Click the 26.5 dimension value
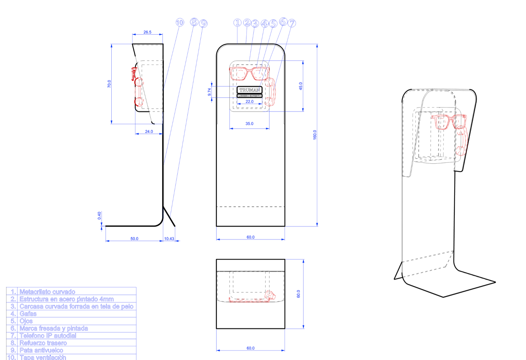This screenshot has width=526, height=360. click(147, 32)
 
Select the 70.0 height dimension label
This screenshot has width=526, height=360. click(109, 84)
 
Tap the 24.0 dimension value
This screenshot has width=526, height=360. click(149, 131)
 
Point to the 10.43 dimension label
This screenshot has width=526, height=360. click(169, 239)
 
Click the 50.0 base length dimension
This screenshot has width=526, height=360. click(134, 239)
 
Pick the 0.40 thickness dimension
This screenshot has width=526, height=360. click(99, 216)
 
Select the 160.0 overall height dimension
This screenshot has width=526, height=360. click(315, 135)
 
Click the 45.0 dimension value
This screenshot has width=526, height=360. click(301, 86)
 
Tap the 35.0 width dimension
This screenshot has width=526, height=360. click(249, 123)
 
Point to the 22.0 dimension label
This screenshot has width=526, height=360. click(249, 102)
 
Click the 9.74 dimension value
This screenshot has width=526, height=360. click(209, 92)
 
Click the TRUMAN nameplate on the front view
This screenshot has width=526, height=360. click(249, 90)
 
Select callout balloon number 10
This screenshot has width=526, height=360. click(180, 22)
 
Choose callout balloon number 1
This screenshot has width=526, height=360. click(237, 23)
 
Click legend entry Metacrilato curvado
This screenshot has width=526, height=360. click(47, 292)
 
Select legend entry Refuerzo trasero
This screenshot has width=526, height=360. click(43, 343)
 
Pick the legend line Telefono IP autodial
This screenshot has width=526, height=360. click(48, 336)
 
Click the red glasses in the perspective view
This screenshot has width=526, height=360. click(448, 121)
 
